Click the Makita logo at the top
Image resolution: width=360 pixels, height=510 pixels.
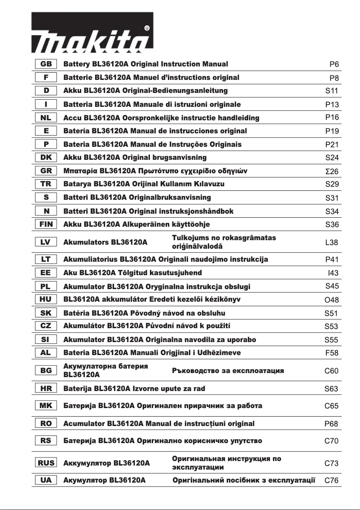click(x=92, y=42)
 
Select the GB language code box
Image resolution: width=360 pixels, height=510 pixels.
click(x=46, y=64)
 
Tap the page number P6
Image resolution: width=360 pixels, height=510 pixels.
click(x=334, y=65)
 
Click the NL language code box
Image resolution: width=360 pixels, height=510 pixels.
click(x=46, y=118)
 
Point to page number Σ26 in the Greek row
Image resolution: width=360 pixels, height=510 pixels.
click(x=332, y=171)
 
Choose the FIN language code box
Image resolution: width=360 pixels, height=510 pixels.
click(x=46, y=224)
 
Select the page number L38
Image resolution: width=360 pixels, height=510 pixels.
click(x=332, y=242)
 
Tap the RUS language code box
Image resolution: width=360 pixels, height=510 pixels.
click(x=46, y=462)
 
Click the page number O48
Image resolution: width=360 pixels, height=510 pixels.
click(x=332, y=300)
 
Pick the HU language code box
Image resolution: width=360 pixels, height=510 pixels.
click(x=46, y=299)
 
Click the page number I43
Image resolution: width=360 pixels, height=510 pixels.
click(x=333, y=273)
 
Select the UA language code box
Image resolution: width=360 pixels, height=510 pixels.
click(x=46, y=480)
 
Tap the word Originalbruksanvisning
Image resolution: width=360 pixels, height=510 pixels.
click(x=170, y=198)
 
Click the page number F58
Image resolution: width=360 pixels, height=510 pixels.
click(x=332, y=353)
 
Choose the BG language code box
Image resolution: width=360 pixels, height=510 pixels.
click(x=46, y=370)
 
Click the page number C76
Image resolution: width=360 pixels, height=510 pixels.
click(x=332, y=480)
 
